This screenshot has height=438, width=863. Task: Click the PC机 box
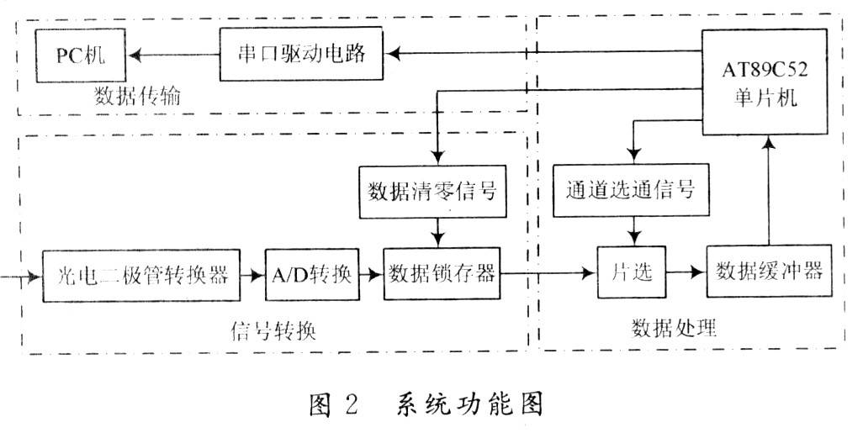click(81, 55)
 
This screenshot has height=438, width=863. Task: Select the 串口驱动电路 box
click(301, 54)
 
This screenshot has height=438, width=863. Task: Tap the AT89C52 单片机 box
click(765, 82)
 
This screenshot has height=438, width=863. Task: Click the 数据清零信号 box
click(432, 192)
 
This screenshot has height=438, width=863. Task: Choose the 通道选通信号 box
click(631, 190)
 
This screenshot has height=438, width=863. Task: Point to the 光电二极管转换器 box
click(141, 275)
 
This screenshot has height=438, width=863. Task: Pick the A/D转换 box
click(312, 275)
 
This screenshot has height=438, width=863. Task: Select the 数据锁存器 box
click(442, 273)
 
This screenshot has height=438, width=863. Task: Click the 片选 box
click(632, 272)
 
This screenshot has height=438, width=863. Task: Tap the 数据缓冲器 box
click(769, 271)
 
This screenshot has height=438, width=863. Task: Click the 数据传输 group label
click(138, 97)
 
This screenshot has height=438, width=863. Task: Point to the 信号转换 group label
click(273, 331)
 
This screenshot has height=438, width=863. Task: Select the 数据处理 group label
click(674, 328)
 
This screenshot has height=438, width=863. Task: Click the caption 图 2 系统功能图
click(426, 404)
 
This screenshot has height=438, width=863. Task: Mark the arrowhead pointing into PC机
click(134, 55)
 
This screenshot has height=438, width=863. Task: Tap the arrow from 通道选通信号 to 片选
click(634, 231)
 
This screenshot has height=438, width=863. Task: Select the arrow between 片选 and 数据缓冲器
click(686, 272)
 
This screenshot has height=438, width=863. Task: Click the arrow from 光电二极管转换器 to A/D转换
click(252, 275)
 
